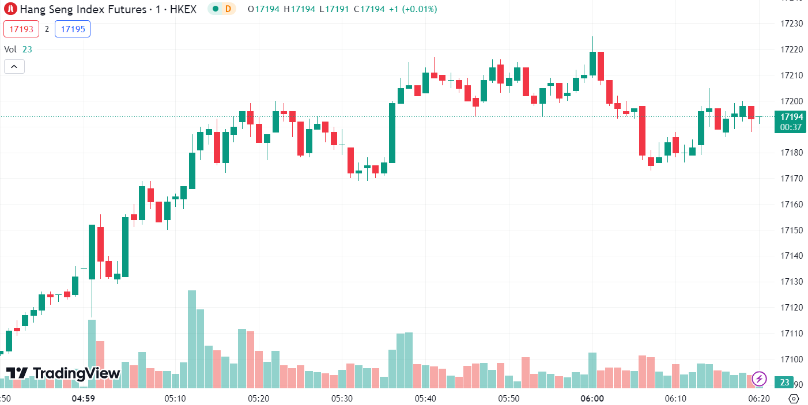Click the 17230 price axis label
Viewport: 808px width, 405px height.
tap(791, 24)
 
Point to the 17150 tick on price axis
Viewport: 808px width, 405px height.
tap(791, 230)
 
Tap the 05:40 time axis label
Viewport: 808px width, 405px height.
tap(425, 399)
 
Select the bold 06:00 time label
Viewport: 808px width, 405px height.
tap(592, 399)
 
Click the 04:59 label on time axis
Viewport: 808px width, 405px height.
tap(83, 399)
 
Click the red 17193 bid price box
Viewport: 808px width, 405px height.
tap(21, 29)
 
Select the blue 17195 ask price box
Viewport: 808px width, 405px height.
tap(73, 29)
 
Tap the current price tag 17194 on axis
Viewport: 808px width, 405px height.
tap(791, 116)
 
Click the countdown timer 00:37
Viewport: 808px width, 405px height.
tap(791, 127)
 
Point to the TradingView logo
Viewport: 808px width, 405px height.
tap(63, 373)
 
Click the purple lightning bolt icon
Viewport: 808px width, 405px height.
tap(759, 378)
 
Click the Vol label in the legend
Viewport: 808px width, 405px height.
tap(10, 50)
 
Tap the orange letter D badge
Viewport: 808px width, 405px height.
tap(228, 9)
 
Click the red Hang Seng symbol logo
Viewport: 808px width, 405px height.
tap(10, 9)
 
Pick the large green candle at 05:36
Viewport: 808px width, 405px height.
tap(392, 133)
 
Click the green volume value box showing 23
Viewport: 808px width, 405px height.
tap(784, 382)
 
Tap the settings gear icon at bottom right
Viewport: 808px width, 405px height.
tap(794, 399)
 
